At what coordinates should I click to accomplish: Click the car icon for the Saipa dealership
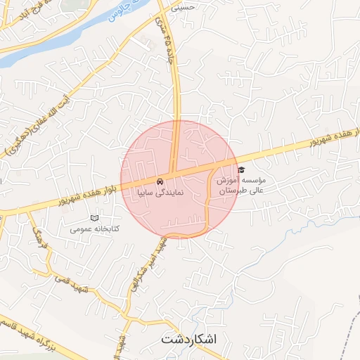pyautogui.click(x=161, y=180)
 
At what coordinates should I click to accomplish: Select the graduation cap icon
pyautogui.click(x=241, y=170)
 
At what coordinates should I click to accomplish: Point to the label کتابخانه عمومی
pyautogui.click(x=96, y=229)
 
